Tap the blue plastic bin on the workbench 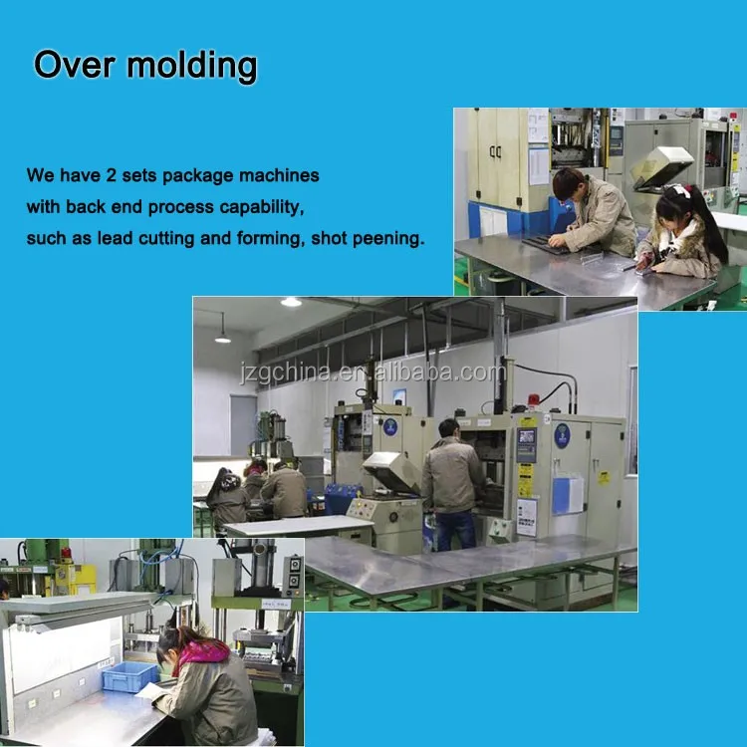tap(129, 678)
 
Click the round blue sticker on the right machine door tap(562, 435)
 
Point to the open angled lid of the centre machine tap(389, 469)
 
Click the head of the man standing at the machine tap(449, 427)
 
